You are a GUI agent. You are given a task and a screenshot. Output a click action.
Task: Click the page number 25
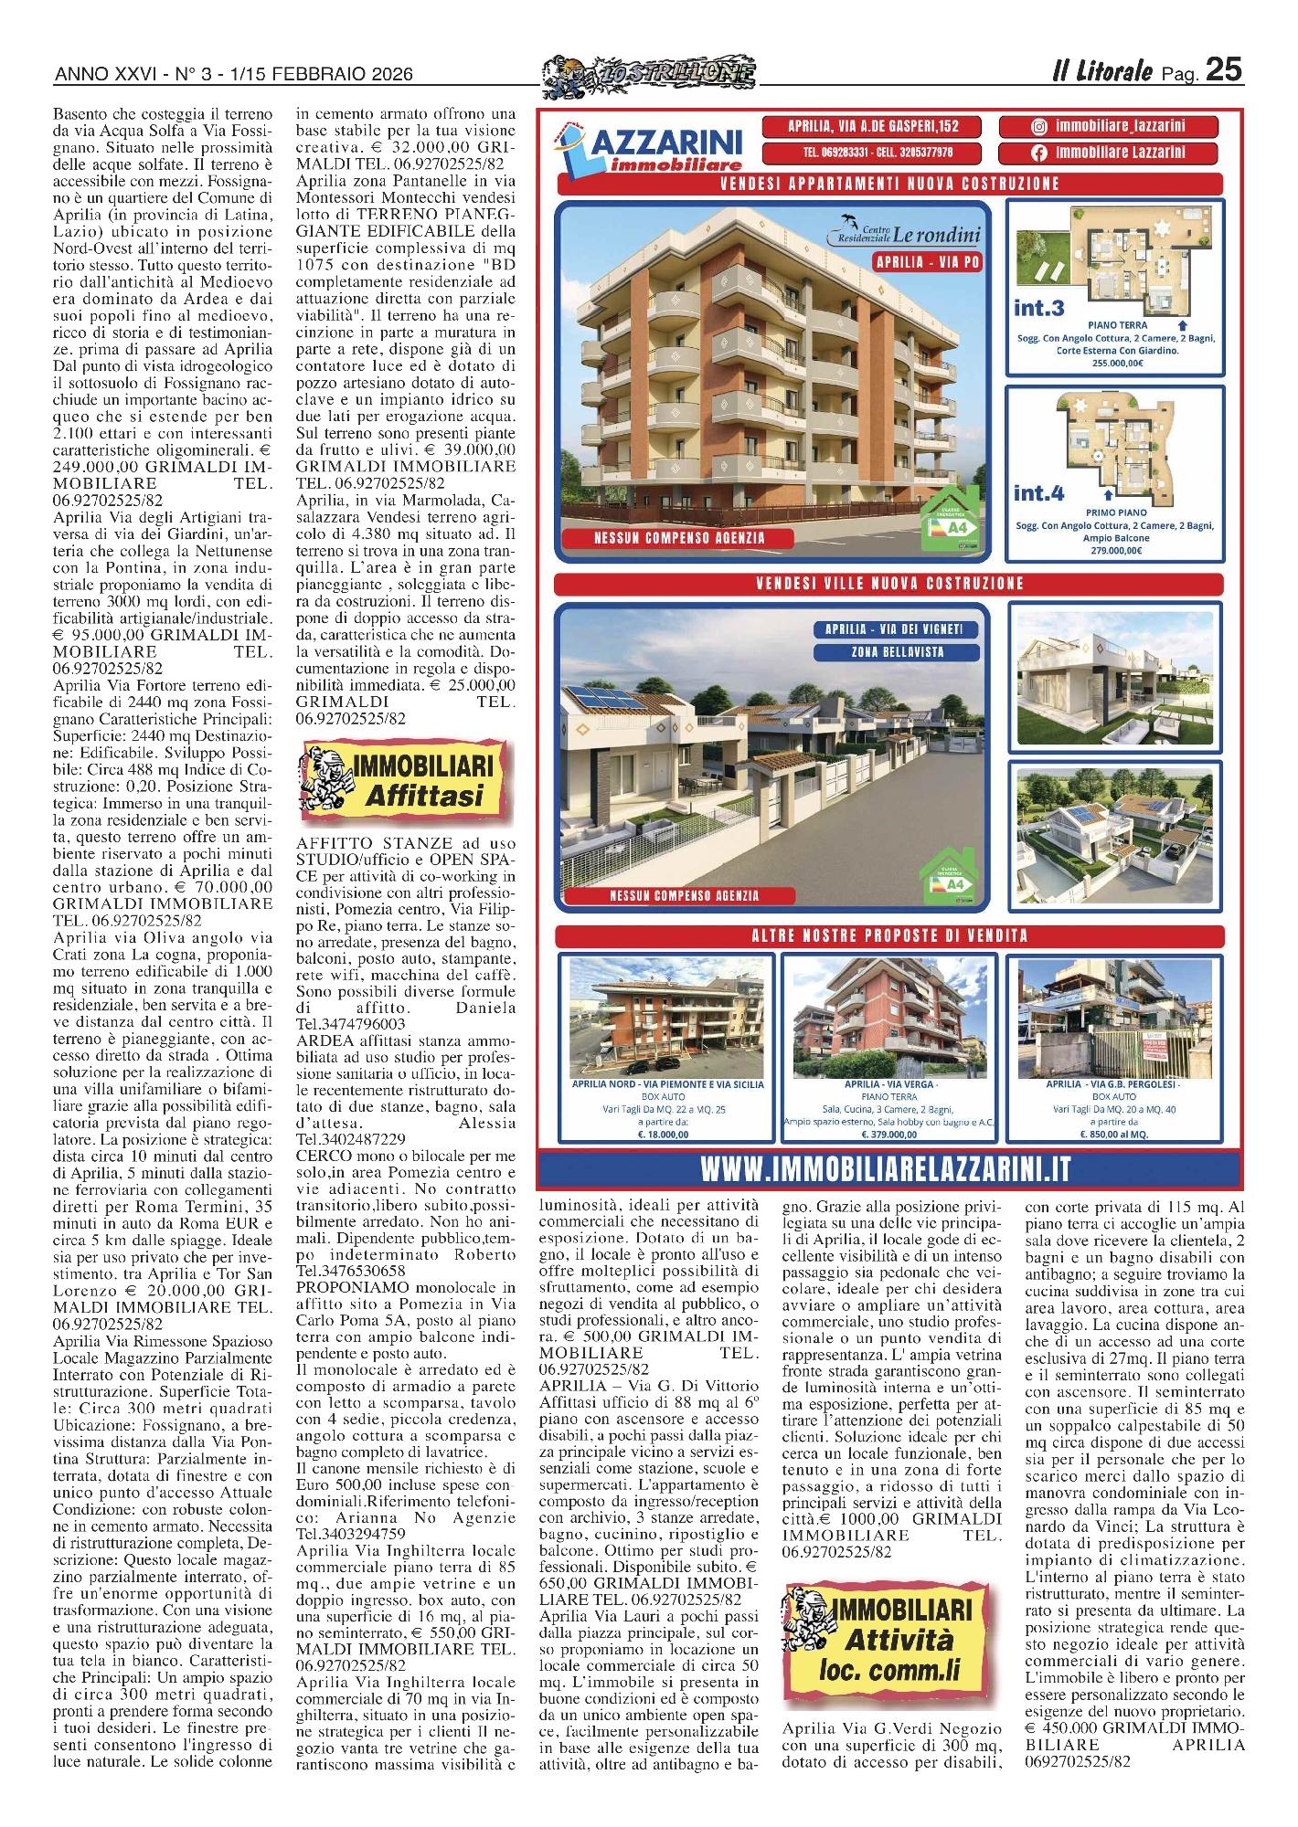[x=1223, y=69]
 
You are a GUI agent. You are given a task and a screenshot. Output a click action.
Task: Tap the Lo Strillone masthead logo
[x=650, y=74]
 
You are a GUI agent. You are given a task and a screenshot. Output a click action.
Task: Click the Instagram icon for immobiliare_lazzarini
[x=1038, y=126]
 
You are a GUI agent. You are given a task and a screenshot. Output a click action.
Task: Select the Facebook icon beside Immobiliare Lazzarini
[x=1038, y=153]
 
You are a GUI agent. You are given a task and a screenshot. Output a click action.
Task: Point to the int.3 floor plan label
[x=1038, y=308]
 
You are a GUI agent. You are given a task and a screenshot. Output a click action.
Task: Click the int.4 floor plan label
[x=1038, y=493]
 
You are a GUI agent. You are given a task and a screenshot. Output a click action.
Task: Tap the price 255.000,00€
[x=1116, y=363]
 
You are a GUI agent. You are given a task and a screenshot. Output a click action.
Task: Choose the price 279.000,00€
[x=1116, y=551]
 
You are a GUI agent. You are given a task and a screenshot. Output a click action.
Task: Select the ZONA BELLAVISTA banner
[x=897, y=652]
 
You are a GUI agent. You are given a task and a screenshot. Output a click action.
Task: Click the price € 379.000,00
[x=888, y=1135]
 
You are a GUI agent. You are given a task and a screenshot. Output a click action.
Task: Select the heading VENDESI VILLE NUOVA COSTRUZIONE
[x=889, y=584]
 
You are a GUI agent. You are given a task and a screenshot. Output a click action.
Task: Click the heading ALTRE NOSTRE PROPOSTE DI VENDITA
[x=889, y=936]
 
